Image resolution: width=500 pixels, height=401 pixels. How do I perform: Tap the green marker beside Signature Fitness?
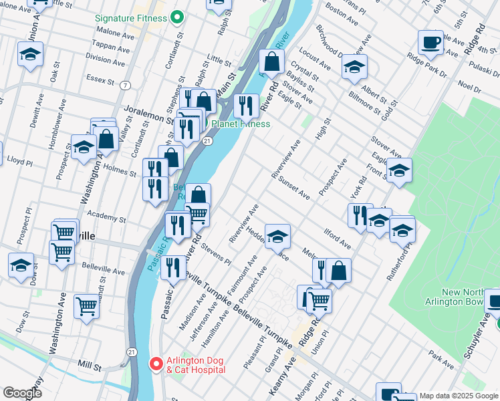(x=176, y=16)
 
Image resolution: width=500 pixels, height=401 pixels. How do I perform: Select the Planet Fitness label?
(x=241, y=124)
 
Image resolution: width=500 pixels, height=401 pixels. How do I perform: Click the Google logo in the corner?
(x=22, y=393)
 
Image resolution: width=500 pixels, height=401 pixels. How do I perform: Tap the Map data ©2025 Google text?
(x=459, y=396)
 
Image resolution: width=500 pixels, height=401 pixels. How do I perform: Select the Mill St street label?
(x=88, y=367)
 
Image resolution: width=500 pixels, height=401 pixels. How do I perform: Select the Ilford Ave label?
(x=338, y=238)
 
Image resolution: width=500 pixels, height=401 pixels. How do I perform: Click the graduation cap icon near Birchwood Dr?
(x=354, y=67)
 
